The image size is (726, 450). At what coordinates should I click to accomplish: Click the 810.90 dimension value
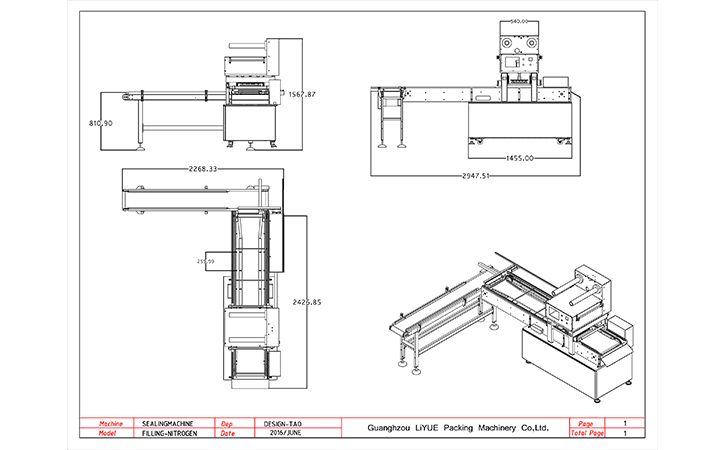[x=101, y=123]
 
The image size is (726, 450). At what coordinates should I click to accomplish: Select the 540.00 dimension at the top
[x=519, y=20]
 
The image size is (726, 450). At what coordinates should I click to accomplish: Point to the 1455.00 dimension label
[x=519, y=158]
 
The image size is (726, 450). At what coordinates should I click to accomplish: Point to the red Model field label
[x=111, y=434]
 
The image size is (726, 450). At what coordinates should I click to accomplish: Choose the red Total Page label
[x=587, y=434]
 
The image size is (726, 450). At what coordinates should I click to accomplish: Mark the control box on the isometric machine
[x=622, y=328]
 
